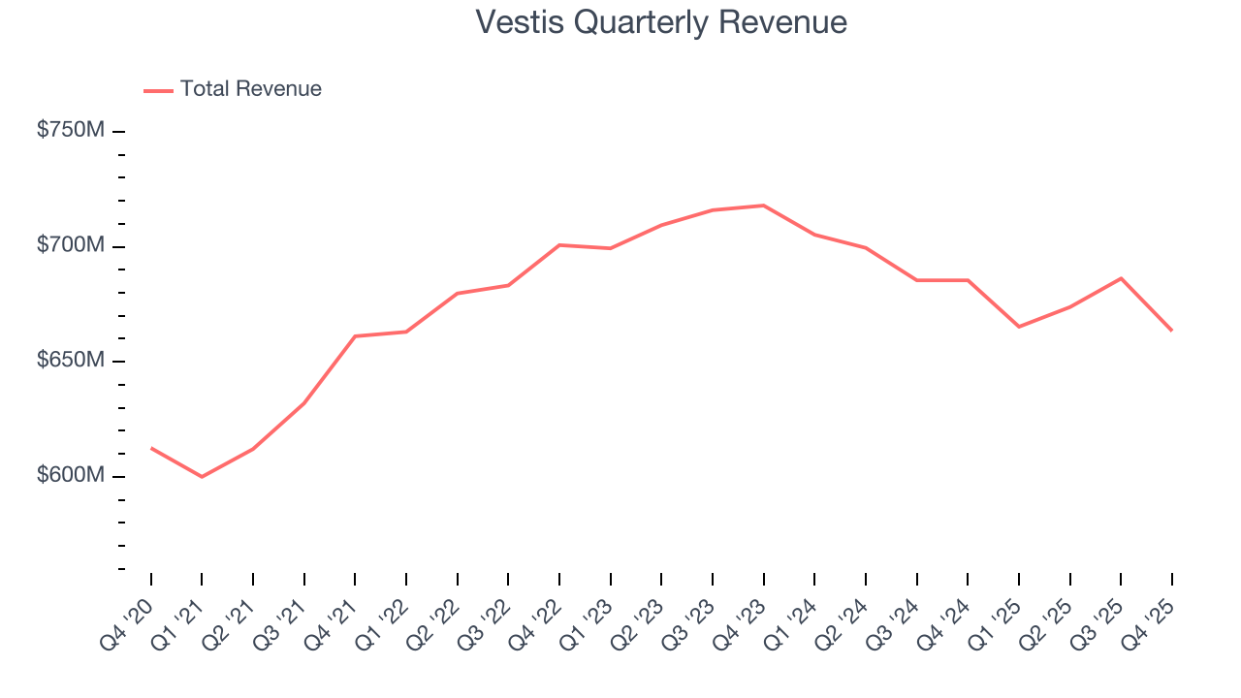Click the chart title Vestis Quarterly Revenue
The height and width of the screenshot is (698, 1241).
click(x=661, y=21)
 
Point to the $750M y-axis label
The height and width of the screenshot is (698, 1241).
click(x=70, y=130)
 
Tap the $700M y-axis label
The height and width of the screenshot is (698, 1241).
click(x=70, y=245)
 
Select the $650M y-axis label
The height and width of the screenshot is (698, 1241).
click(x=70, y=361)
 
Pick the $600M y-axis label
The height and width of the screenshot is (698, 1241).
click(x=70, y=476)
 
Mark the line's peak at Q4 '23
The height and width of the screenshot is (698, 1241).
click(x=763, y=206)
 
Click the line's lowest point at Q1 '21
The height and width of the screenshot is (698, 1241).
click(x=202, y=477)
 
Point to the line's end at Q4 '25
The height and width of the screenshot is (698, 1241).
click(x=1171, y=331)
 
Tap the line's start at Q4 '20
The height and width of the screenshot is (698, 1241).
click(x=151, y=448)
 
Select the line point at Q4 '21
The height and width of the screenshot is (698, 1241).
click(x=355, y=336)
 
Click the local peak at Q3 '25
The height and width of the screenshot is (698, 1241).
click(x=1121, y=278)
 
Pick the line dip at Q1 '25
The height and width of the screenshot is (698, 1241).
click(x=1019, y=327)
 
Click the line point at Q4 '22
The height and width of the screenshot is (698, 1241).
click(x=559, y=245)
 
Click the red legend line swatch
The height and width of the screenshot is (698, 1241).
click(x=158, y=90)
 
